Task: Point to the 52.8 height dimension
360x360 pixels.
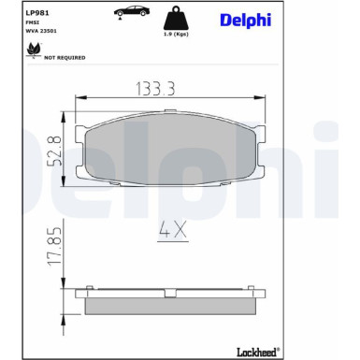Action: (x=53, y=149)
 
